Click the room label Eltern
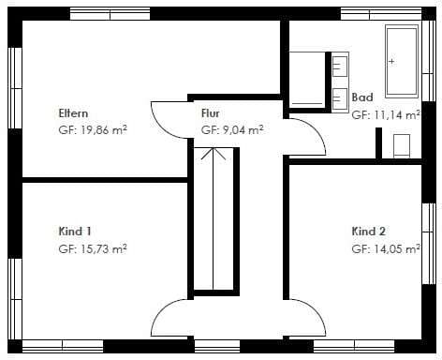[73, 113]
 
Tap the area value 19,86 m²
[104, 129]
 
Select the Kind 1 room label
[75, 232]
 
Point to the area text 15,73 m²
[104, 249]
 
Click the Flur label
[211, 113]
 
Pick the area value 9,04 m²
[243, 129]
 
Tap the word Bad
[362, 97]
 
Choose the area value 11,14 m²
[397, 115]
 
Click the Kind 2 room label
[369, 232]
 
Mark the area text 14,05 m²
[397, 249]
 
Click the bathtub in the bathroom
[402, 61]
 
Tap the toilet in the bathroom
[402, 146]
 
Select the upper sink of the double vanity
[340, 66]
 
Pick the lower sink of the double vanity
[340, 98]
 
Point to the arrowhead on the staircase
[214, 154]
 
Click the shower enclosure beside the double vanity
[307, 80]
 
